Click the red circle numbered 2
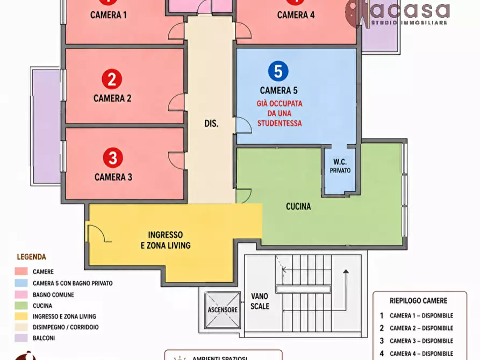click(112, 79)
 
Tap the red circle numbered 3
click(113, 157)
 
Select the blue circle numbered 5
click(278, 71)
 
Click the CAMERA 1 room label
click(109, 15)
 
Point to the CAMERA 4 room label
click(296, 15)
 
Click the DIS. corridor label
click(211, 124)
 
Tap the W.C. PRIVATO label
click(340, 166)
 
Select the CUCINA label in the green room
click(298, 206)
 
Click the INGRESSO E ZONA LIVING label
click(166, 240)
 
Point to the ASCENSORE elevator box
click(223, 310)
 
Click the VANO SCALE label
click(260, 301)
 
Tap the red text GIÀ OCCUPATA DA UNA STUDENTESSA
click(280, 113)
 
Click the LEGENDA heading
click(32, 257)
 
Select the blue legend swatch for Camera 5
click(21, 283)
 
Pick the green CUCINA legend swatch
click(21, 306)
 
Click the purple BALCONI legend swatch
click(21, 338)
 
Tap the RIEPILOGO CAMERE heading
click(419, 300)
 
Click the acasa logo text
click(410, 10)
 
